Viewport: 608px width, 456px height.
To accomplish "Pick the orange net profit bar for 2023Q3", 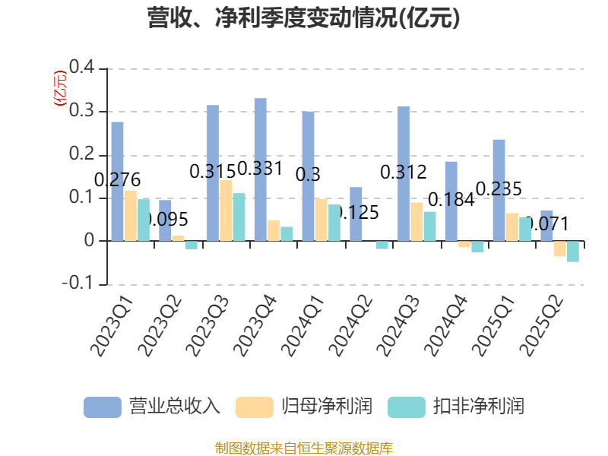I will tap(226, 211).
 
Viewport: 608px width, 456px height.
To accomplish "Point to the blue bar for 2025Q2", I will tap(546, 225).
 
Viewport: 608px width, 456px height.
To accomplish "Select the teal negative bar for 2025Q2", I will tap(572, 252).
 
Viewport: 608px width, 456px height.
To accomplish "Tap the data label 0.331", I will tap(260, 168).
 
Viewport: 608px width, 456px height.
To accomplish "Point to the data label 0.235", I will tap(499, 188).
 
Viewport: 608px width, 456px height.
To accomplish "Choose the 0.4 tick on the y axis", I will tap(81, 68).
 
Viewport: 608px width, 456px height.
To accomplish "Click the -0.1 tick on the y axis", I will tap(78, 284).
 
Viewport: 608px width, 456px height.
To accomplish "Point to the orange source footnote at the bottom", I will tap(304, 448).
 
